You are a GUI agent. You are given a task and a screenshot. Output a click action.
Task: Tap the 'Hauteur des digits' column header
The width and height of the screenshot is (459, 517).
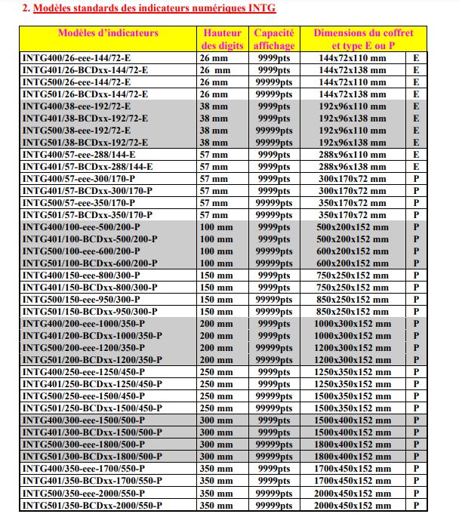click(x=223, y=39)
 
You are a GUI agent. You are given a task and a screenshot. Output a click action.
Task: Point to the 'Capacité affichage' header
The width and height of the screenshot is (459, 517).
click(x=274, y=39)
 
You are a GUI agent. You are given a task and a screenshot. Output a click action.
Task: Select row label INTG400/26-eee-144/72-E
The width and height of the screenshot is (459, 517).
click(x=76, y=58)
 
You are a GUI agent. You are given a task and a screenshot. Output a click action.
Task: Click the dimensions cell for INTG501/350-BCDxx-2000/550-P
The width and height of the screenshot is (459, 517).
click(x=352, y=505)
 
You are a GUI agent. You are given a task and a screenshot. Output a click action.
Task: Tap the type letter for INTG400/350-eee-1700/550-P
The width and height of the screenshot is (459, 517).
click(x=416, y=469)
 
